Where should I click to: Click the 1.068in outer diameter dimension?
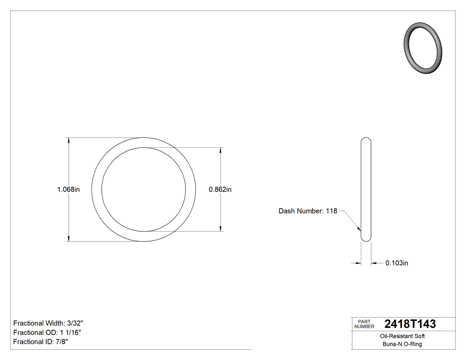68,190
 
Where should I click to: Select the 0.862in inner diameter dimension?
220,190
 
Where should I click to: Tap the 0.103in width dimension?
396,263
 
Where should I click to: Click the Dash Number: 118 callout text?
308,211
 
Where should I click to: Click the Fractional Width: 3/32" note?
48,323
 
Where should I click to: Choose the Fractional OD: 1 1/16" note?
47,332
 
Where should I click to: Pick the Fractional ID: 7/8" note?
41,342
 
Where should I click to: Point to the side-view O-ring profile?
366,190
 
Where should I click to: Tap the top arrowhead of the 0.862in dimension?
221,150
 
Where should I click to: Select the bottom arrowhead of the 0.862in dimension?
221,229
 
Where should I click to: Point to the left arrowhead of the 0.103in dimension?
358,263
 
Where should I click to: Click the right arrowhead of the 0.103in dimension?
374,263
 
